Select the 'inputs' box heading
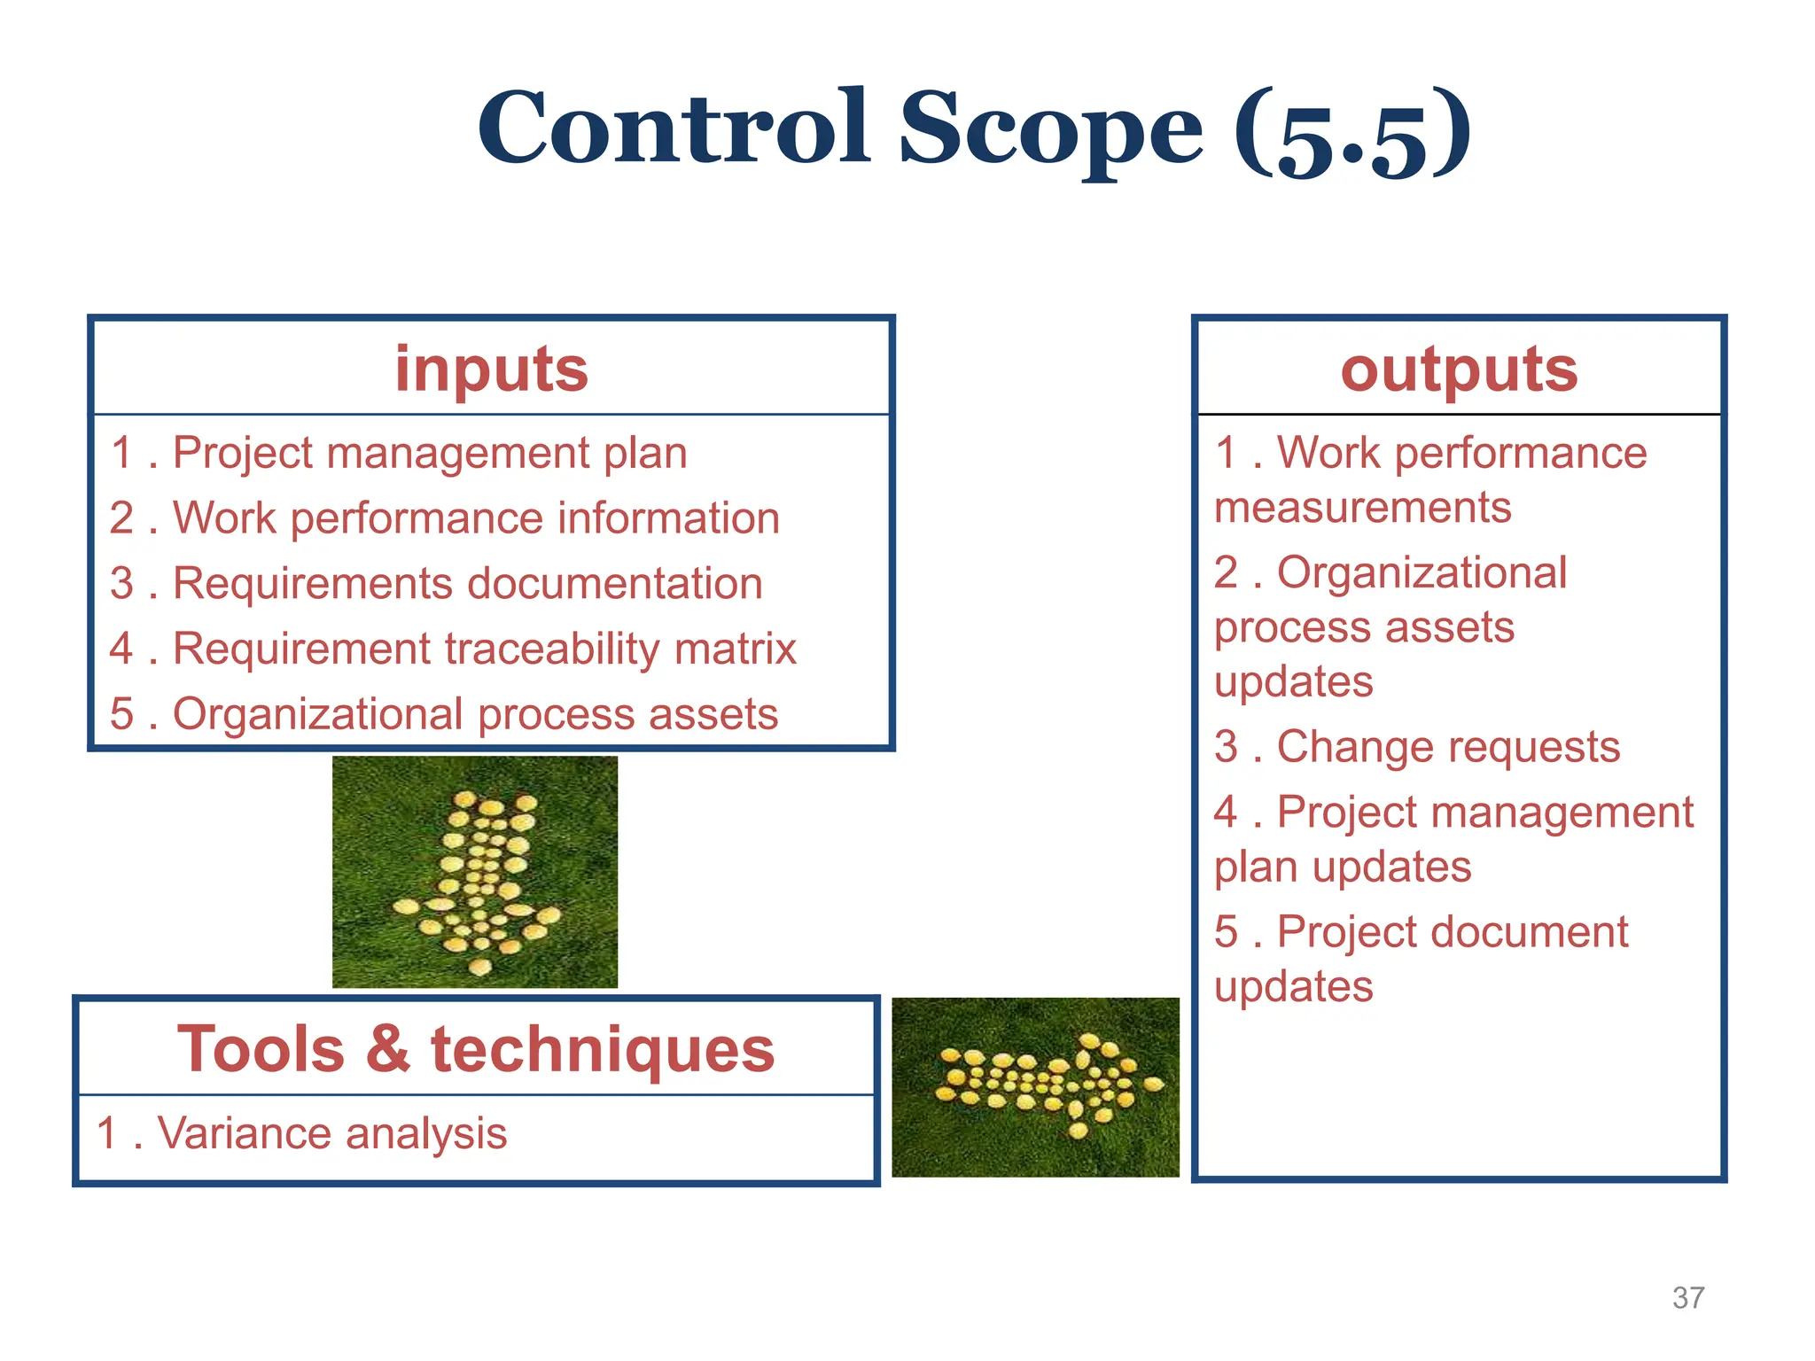(x=491, y=369)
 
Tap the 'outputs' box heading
(x=1459, y=369)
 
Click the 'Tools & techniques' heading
(x=476, y=1049)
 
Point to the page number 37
(x=1687, y=1298)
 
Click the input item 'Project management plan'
(x=429, y=454)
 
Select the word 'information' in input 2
(x=668, y=518)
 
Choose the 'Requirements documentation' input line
(x=467, y=584)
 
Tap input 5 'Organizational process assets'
(x=474, y=714)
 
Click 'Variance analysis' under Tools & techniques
(x=331, y=1133)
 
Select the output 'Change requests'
(x=1447, y=747)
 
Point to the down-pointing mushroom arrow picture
(x=475, y=872)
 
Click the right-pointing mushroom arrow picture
(x=1035, y=1087)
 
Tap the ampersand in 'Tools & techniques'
(x=387, y=1049)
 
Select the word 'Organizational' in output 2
(x=1422, y=572)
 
